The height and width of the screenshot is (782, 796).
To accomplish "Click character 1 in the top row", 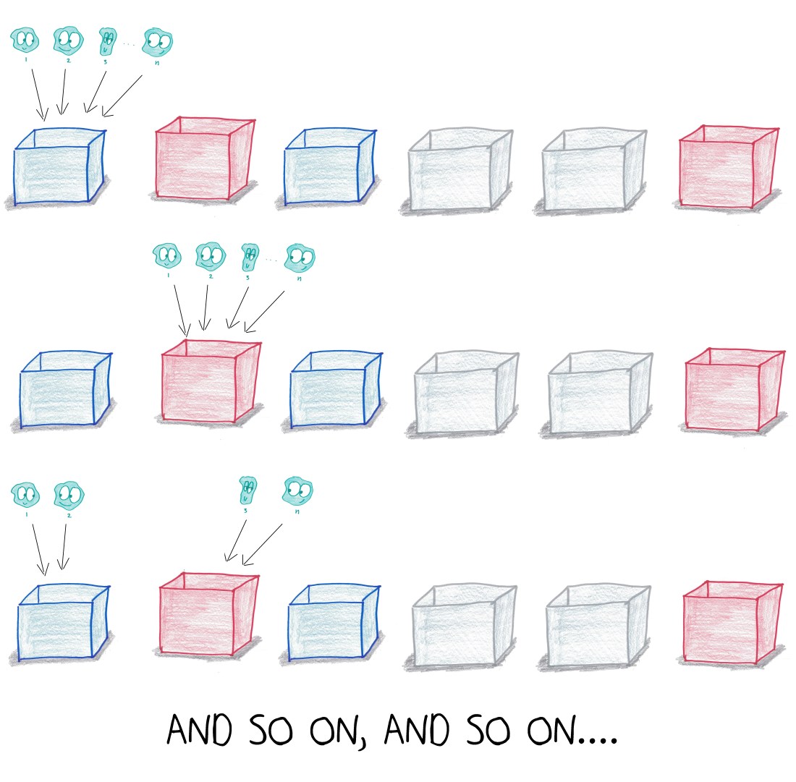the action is pos(25,40).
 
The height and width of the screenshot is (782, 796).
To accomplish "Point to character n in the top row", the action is pos(157,42).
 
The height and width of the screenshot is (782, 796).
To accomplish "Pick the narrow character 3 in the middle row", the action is pos(250,258).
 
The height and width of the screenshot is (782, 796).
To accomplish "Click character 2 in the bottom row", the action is pos(69,496).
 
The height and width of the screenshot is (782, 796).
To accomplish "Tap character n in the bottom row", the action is pos(298,490).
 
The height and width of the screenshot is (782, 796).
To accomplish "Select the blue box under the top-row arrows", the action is pos(60,166).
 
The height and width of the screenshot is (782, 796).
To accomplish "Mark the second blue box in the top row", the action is pos(330,166).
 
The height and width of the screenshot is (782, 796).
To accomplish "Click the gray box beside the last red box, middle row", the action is pos(600,393).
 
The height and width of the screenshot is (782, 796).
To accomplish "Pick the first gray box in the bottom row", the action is pos(464,625).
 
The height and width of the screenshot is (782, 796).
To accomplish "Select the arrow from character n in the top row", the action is pos(122,96).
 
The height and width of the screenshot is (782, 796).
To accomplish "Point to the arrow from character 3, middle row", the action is pos(237,308).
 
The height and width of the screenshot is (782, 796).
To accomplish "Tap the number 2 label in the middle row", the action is pos(211,276).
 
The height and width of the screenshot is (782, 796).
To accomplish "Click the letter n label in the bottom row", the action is pos(297,511).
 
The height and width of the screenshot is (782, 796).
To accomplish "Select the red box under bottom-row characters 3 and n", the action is pos(209,614).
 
